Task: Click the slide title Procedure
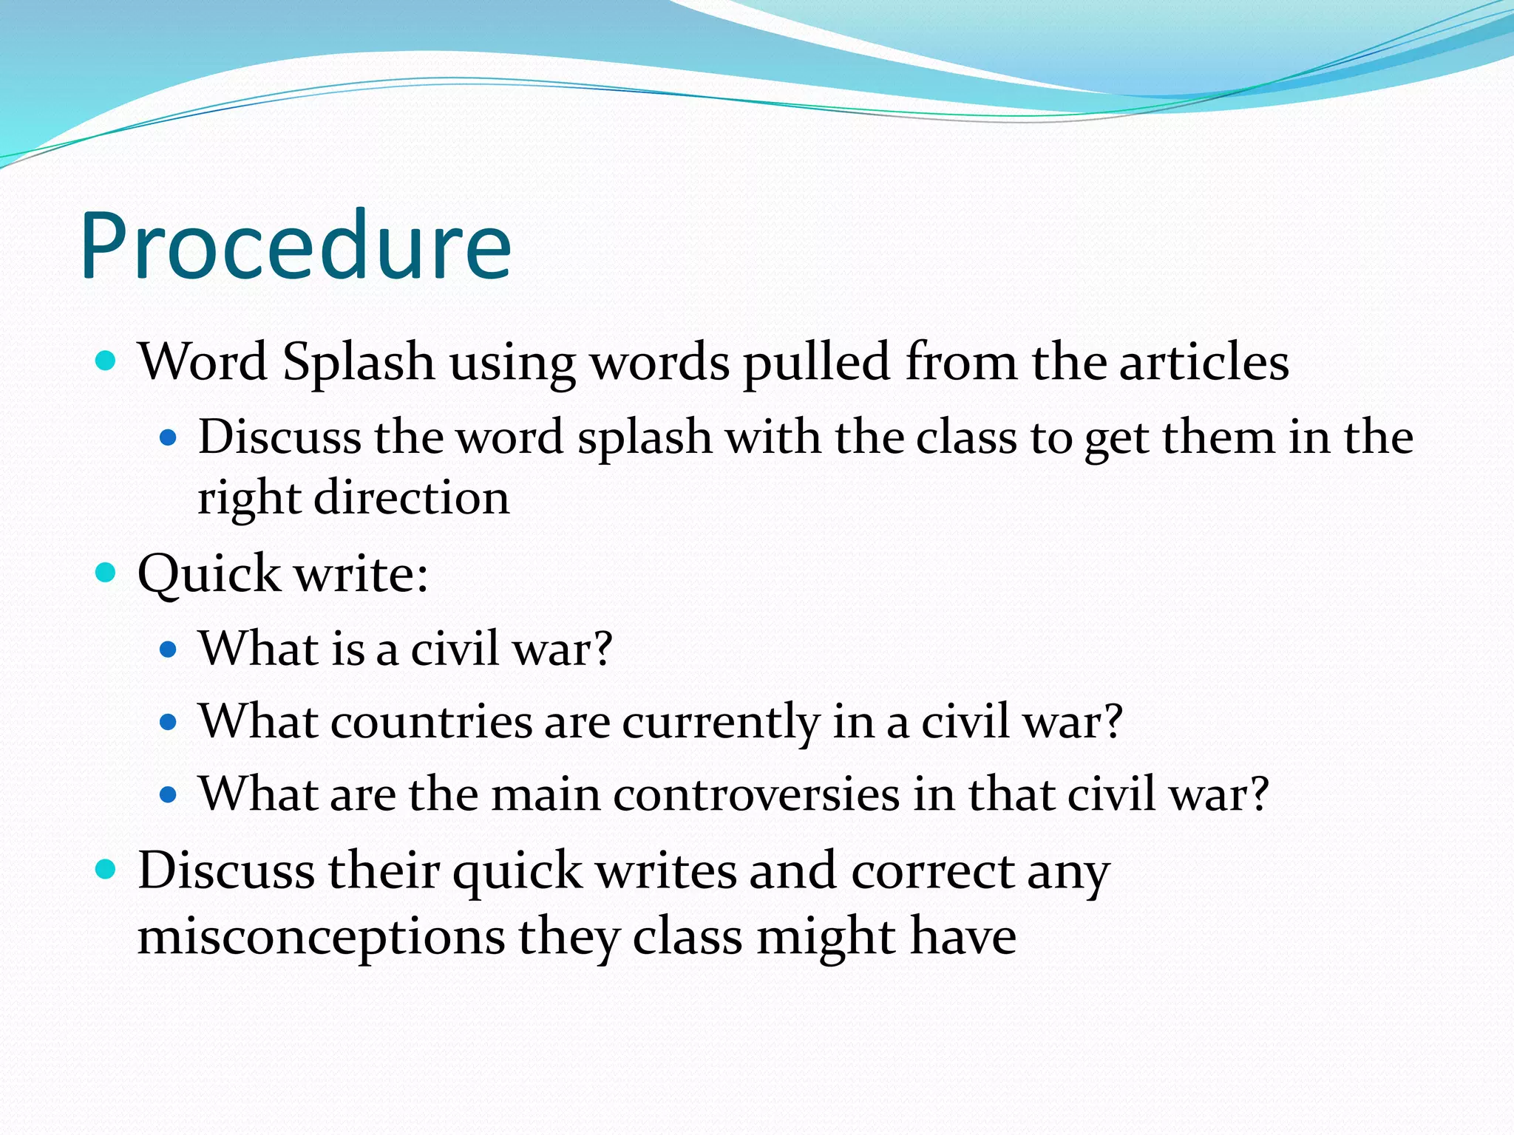click(x=296, y=245)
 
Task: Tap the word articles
click(x=1204, y=363)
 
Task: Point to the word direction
click(x=412, y=497)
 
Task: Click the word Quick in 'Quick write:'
click(x=209, y=574)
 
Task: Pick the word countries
click(x=431, y=721)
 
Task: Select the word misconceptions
click(x=321, y=937)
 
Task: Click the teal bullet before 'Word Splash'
click(x=106, y=361)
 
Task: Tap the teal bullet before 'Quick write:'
click(x=106, y=573)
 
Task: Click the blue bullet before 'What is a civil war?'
click(x=169, y=649)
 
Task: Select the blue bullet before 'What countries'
click(x=169, y=722)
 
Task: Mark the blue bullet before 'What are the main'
click(x=169, y=795)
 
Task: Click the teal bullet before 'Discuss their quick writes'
click(x=106, y=869)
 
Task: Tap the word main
click(x=546, y=794)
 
